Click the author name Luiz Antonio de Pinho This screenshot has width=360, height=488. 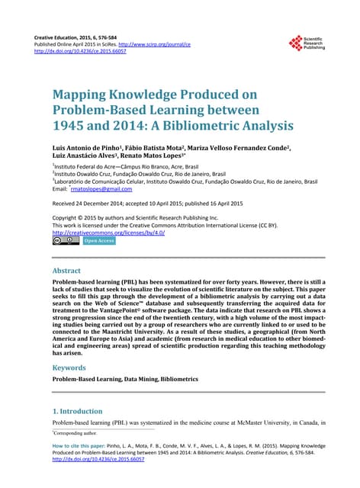[95, 147]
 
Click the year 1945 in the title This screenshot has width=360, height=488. [69, 127]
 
